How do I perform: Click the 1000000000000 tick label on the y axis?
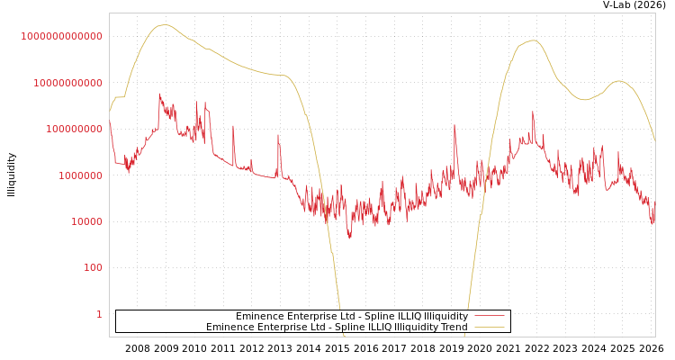[x=61, y=36]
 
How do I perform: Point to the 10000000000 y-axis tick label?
[x=67, y=83]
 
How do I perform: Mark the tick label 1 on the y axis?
[x=99, y=314]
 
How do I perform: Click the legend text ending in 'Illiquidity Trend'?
[x=337, y=328]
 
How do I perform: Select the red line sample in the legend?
[x=489, y=317]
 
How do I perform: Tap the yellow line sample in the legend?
[x=489, y=328]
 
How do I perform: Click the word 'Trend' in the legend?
[x=453, y=328]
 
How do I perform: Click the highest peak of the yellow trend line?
[x=164, y=25]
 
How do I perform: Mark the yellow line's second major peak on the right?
[x=533, y=40]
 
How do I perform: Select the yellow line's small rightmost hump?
[x=618, y=81]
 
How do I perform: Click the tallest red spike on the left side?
[x=160, y=94]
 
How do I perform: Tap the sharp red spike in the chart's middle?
[x=454, y=125]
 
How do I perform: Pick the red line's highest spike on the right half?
[x=533, y=112]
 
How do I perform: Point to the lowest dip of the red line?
[x=349, y=238]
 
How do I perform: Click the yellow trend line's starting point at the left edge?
[x=111, y=112]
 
